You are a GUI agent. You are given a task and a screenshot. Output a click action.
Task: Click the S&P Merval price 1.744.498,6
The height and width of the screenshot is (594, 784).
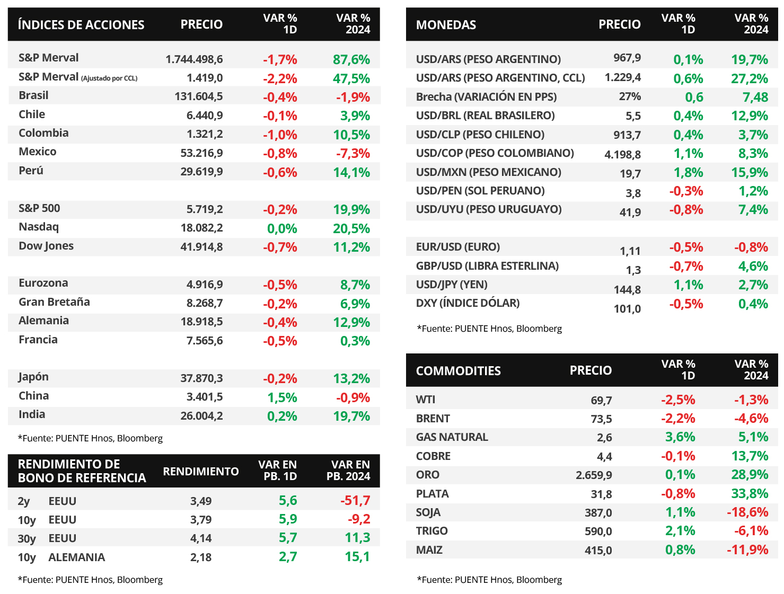click(194, 59)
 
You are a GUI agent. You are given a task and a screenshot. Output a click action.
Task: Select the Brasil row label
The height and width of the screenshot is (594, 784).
click(33, 95)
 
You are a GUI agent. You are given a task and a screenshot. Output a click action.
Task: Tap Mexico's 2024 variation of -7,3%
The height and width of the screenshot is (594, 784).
click(353, 154)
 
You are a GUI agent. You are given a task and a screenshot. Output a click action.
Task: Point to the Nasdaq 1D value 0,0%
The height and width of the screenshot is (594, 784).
click(282, 228)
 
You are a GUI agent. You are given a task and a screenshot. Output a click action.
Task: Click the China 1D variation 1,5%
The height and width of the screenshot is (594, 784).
click(282, 397)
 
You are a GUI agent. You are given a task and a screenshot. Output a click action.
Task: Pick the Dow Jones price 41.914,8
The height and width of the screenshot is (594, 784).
click(201, 247)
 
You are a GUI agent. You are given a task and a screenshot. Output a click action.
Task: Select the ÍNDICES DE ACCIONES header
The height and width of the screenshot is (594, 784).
click(81, 25)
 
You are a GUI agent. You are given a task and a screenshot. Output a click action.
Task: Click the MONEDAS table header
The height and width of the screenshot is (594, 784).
click(446, 25)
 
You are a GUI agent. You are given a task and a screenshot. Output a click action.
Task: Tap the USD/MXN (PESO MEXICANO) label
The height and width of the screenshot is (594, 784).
click(488, 172)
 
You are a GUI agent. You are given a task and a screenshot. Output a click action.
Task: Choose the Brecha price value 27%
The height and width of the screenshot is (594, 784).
click(630, 97)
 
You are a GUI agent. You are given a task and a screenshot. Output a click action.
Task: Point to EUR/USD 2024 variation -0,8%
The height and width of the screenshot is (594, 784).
click(751, 247)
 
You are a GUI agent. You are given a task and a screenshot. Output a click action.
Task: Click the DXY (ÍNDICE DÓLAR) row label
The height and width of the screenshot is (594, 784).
click(468, 303)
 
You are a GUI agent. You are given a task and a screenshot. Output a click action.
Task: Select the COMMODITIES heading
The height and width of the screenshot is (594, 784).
click(458, 371)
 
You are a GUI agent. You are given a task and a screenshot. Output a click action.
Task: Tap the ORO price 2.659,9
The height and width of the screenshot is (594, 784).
click(594, 475)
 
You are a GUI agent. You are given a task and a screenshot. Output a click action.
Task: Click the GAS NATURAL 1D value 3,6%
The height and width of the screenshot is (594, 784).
click(680, 437)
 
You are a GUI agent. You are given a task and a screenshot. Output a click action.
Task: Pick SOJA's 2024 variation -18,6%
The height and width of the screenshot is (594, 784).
click(747, 512)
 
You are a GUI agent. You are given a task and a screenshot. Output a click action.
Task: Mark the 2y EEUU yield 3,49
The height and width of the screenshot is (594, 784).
click(201, 501)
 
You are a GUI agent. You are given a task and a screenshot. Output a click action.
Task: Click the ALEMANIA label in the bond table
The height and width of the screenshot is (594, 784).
click(76, 557)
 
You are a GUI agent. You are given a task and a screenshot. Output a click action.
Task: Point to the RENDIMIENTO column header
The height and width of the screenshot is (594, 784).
click(201, 472)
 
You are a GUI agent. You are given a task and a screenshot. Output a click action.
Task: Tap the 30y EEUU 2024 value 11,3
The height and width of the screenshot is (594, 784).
click(357, 538)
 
